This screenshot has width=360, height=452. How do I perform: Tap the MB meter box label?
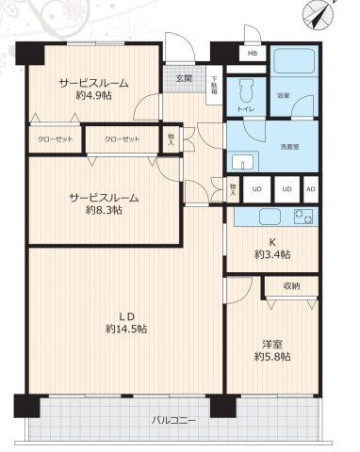click(x=251, y=54)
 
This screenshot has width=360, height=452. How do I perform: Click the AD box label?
click(x=310, y=188)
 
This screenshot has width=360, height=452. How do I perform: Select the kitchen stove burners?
click(x=303, y=218)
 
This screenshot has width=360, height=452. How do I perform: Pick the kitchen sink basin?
click(x=263, y=218)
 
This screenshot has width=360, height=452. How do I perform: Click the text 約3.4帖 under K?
click(x=273, y=255)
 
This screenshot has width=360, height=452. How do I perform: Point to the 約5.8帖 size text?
click(x=271, y=357)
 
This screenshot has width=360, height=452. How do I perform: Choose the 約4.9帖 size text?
click(x=93, y=95)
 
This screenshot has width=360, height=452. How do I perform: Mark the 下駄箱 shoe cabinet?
click(x=215, y=85)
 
